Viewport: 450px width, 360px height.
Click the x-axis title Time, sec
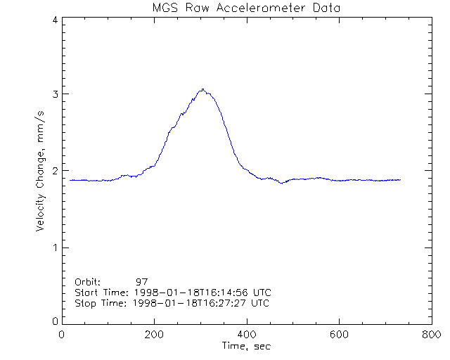click(x=246, y=346)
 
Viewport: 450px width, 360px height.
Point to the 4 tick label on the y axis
click(x=54, y=20)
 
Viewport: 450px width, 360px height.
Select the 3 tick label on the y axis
click(x=54, y=95)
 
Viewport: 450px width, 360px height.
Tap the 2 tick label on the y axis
click(x=54, y=171)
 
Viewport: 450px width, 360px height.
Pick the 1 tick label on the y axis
click(x=54, y=247)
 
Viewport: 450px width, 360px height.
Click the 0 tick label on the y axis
click(x=54, y=321)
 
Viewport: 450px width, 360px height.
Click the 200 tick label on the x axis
click(x=154, y=335)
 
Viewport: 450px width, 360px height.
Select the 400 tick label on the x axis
click(x=246, y=335)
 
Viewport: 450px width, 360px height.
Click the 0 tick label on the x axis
click(x=62, y=335)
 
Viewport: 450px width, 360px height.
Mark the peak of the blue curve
click(x=202, y=89)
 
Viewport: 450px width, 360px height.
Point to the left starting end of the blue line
click(x=70, y=180)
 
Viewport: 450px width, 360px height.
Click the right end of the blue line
click(x=400, y=180)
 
